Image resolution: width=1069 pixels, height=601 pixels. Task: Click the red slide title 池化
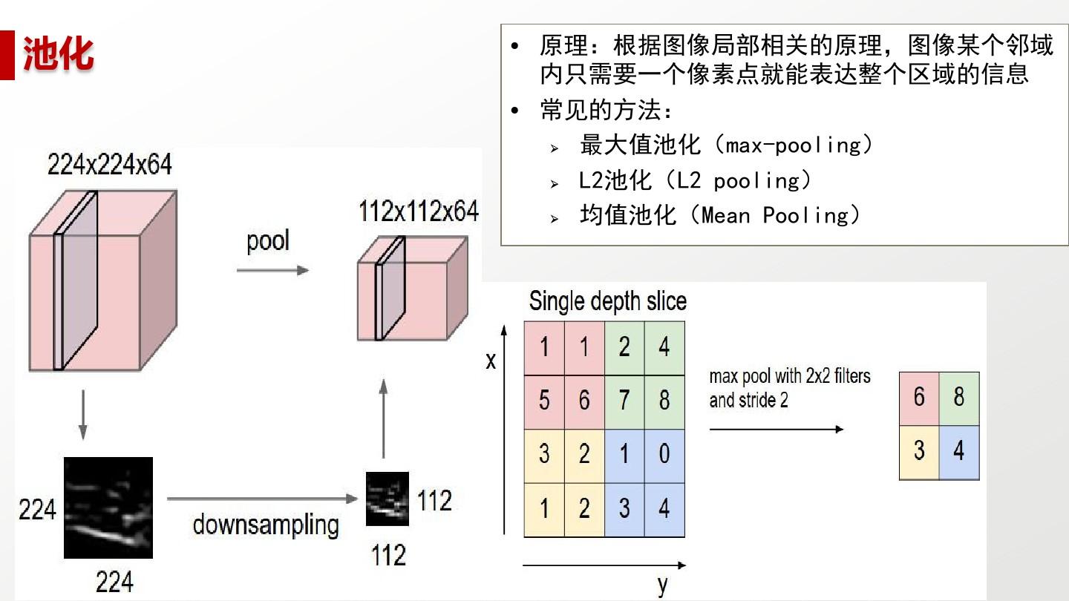coord(58,53)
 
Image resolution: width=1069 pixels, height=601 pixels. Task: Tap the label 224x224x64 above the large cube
coord(109,165)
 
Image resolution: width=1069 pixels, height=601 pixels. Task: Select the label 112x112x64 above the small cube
coord(419,211)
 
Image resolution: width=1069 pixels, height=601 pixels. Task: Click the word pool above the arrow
coord(268,241)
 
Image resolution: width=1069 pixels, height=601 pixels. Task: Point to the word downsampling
coord(266,525)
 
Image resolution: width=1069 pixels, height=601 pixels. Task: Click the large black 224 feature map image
coord(108,508)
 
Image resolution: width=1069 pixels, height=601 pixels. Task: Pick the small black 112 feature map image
coord(387,499)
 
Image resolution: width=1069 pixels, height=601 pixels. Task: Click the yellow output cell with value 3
coord(919,453)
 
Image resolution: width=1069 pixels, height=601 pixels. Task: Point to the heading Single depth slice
coord(607,301)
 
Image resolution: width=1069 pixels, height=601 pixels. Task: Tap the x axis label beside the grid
coord(491,361)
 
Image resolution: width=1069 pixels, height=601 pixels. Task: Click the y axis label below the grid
coord(662,585)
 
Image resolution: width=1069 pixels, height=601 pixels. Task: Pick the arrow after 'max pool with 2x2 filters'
coord(777,430)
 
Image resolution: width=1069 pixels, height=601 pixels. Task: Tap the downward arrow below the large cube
coord(83,415)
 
